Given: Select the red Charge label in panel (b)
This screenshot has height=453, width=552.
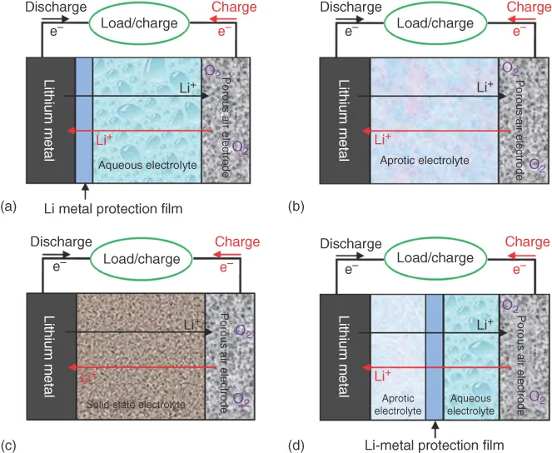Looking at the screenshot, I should pyautogui.click(x=529, y=7).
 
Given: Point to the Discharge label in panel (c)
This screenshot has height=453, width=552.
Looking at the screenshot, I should pyautogui.click(x=61, y=241).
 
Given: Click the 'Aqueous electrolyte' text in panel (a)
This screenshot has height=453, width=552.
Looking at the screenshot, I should pyautogui.click(x=147, y=166).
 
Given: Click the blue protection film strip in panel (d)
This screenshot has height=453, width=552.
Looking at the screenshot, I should pyautogui.click(x=434, y=356).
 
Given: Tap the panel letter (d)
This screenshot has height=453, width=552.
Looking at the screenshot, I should pyautogui.click(x=297, y=444).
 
